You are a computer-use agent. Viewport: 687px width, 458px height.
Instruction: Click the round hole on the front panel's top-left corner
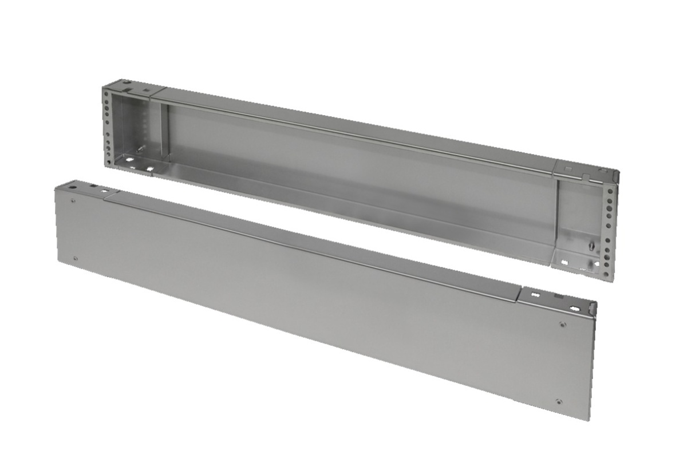pyautogui.click(x=73, y=187)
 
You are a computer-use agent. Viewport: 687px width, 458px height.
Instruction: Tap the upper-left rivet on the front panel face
pyautogui.click(x=73, y=200)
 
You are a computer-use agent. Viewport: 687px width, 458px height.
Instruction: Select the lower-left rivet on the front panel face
pyautogui.click(x=75, y=259)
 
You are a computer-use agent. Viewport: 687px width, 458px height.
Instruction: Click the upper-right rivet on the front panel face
pyautogui.click(x=563, y=325)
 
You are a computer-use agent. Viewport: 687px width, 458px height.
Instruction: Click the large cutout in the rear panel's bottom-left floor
pyautogui.click(x=149, y=170)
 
